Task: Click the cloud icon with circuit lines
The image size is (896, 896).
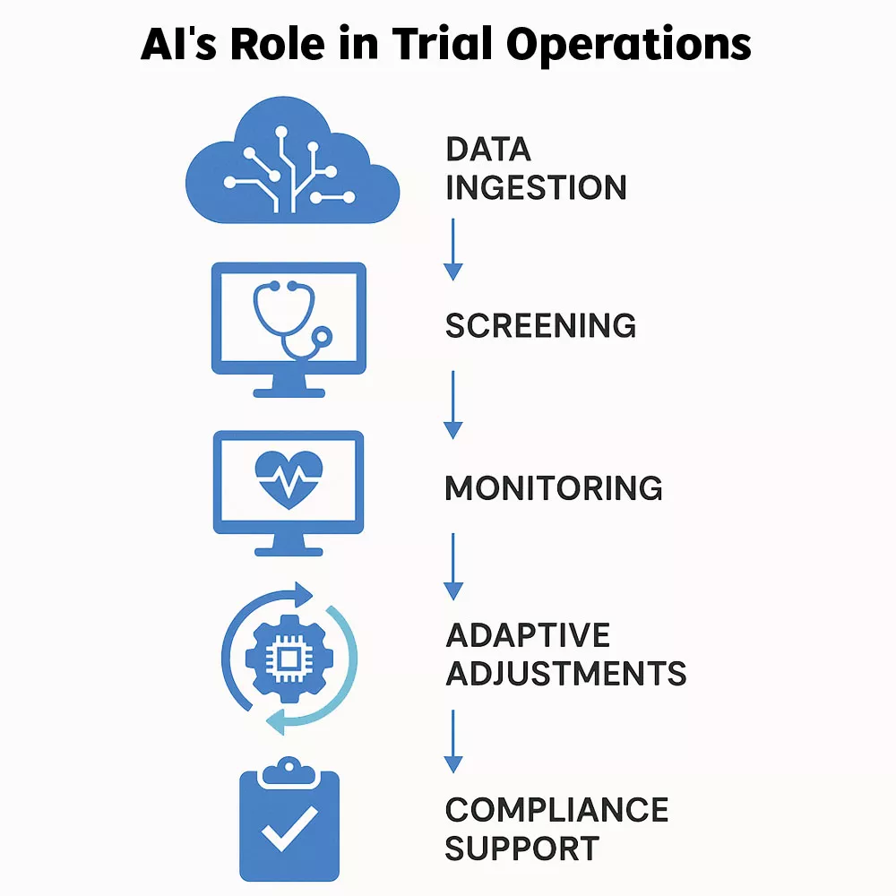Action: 288,166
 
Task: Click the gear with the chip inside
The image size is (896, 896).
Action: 289,660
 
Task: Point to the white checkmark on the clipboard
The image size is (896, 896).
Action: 289,830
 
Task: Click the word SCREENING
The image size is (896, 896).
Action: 540,326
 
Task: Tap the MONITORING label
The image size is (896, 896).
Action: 553,489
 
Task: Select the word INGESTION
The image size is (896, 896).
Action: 536,188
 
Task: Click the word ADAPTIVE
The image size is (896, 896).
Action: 527,635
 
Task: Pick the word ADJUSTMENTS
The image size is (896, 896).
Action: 565,672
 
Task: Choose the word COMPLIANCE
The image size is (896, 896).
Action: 556,810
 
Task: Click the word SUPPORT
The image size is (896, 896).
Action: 521,848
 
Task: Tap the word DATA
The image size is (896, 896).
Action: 488,150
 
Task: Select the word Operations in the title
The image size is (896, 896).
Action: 631,44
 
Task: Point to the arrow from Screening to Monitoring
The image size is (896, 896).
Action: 453,405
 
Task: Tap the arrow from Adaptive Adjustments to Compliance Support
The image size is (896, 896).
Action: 453,742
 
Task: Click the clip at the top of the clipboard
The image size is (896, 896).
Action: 289,769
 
